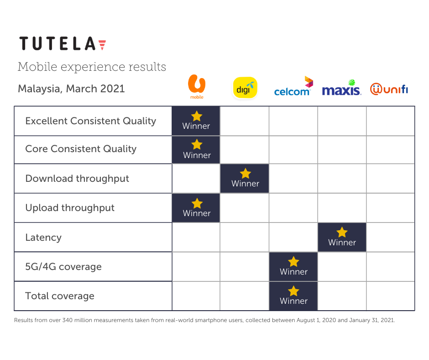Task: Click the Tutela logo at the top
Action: coord(63,44)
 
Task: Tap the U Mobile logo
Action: coord(197,87)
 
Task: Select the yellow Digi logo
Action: coord(245,87)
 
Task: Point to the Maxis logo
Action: coord(341,88)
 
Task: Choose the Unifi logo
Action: coord(389,89)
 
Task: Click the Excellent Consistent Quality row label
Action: coord(91,121)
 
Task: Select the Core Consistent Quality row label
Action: coord(81,149)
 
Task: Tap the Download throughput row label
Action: coord(77,179)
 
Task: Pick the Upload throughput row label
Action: coord(70,208)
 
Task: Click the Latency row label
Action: coord(43,238)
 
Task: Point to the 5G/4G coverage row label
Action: coord(63,267)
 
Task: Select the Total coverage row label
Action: coord(60,296)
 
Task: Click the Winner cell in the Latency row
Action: coord(342,238)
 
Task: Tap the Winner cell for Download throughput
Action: coord(245,179)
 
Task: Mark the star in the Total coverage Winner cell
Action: coord(293,291)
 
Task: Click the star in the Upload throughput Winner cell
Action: coord(197,203)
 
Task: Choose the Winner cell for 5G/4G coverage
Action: coord(293,267)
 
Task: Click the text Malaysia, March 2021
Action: coord(71,89)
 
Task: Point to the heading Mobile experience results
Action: coord(92,67)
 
